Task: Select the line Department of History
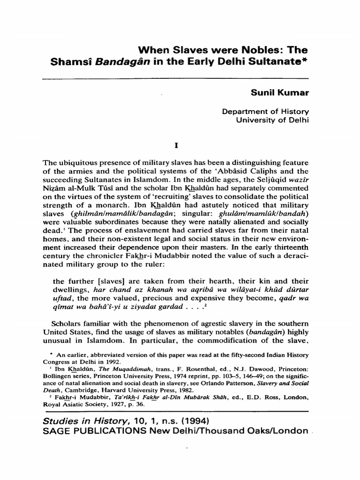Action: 265,112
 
